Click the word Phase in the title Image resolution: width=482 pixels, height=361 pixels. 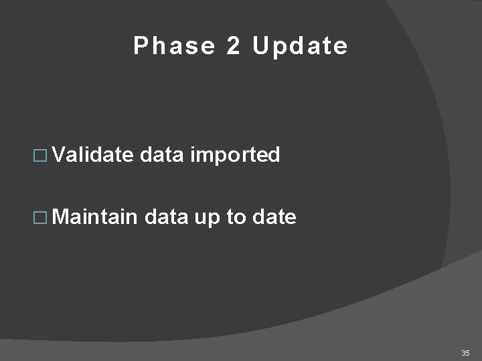tap(174, 46)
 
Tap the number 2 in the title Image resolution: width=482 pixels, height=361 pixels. tap(233, 46)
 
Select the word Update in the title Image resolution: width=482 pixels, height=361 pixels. tap(300, 46)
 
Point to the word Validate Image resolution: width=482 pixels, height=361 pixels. tap(94, 155)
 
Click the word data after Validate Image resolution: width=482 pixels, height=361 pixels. tap(163, 155)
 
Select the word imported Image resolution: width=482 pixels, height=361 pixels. tap(235, 156)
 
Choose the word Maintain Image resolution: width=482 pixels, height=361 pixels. tap(95, 216)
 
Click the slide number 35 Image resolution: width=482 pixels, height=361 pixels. tap(465, 352)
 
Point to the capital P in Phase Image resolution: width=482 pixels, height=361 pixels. tap(140, 46)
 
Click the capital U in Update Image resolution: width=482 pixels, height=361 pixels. tap(260, 46)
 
